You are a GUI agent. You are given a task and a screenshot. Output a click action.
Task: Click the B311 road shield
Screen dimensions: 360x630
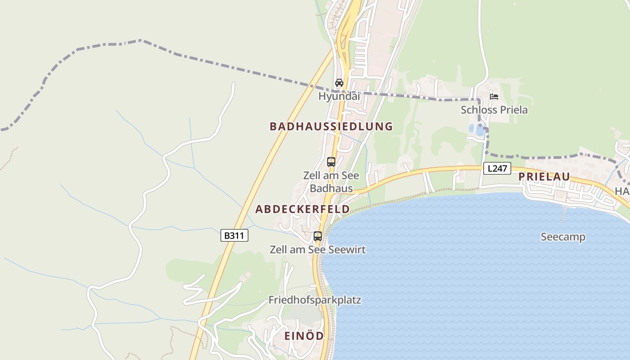click(x=234, y=235)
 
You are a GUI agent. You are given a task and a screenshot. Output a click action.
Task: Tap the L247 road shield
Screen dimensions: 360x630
click(x=497, y=169)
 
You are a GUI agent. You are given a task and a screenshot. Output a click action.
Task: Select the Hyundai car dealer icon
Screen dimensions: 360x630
click(x=339, y=83)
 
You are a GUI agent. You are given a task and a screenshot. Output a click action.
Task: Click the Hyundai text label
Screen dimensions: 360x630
click(x=339, y=96)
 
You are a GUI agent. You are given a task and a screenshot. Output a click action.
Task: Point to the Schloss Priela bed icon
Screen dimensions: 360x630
click(x=494, y=96)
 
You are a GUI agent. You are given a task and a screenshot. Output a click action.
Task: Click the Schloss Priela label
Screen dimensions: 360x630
click(x=494, y=110)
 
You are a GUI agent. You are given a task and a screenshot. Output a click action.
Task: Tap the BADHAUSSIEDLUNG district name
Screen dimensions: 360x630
click(x=331, y=126)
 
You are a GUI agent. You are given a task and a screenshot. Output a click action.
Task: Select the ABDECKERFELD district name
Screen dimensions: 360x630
click(x=302, y=209)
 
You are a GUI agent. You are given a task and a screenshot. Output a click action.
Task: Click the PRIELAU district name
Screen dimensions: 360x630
click(x=544, y=177)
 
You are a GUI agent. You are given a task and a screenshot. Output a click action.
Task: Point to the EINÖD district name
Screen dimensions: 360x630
click(x=304, y=336)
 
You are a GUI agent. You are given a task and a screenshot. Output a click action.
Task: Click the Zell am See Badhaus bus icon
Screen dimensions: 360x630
click(x=331, y=162)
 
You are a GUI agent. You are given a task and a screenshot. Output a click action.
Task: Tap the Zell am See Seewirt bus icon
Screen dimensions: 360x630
click(x=318, y=236)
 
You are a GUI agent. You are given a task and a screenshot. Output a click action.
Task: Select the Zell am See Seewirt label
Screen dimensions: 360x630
click(x=318, y=249)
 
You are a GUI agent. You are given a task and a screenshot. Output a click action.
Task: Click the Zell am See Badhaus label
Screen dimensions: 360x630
click(x=331, y=182)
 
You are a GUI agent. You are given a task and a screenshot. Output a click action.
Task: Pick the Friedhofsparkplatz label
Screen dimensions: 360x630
click(x=315, y=300)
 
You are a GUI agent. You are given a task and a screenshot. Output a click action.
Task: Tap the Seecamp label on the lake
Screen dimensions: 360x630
click(x=563, y=237)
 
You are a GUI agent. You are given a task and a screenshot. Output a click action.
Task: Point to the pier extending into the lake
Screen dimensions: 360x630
click(x=562, y=216)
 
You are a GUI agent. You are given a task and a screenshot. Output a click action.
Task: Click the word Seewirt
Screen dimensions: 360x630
click(x=346, y=249)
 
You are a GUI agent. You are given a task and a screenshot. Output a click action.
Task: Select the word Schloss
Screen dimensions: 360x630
click(x=477, y=110)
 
